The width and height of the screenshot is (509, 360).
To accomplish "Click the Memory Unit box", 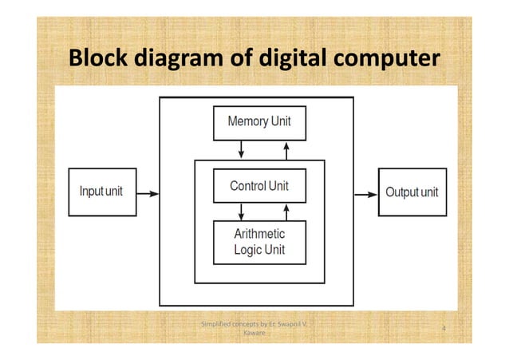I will (x=259, y=123).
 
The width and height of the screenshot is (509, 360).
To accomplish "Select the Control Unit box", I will (x=259, y=186).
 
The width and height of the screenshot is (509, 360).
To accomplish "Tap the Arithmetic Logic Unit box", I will (x=259, y=242).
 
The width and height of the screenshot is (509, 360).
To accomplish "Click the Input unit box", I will (x=101, y=192).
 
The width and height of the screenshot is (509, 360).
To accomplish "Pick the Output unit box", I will (x=412, y=192).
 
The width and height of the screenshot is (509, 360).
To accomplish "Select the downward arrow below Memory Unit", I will (x=242, y=150).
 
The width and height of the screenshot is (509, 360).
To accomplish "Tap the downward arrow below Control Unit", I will (x=242, y=212).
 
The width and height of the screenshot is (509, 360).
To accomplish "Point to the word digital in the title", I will (x=275, y=60).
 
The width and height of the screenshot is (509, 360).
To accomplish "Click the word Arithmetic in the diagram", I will (x=259, y=234).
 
